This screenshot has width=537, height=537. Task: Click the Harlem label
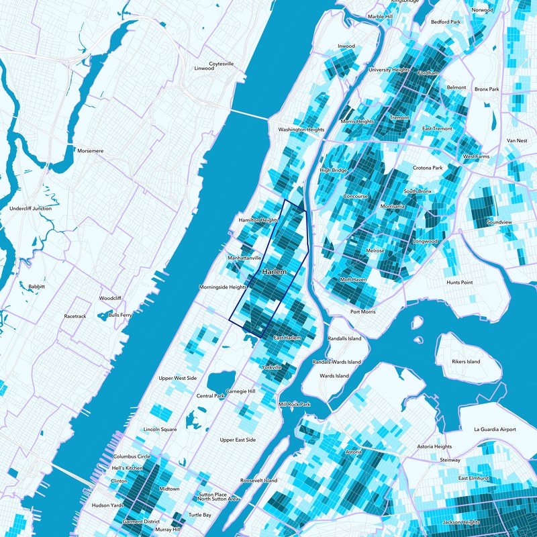tap(274, 272)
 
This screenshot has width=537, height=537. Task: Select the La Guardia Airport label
tap(495, 429)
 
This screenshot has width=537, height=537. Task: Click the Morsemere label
tap(90, 151)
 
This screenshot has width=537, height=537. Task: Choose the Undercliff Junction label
tap(31, 209)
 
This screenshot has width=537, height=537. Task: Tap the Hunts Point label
tap(460, 283)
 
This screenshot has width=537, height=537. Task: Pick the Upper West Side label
tap(178, 379)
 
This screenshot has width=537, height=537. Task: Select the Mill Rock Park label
tap(295, 405)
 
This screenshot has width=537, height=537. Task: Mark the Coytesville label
tap(222, 64)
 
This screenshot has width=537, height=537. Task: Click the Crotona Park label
tap(428, 168)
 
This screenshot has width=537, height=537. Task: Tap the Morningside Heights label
tap(224, 287)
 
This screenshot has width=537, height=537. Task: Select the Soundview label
tap(499, 222)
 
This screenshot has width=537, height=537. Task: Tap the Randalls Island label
tap(344, 338)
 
